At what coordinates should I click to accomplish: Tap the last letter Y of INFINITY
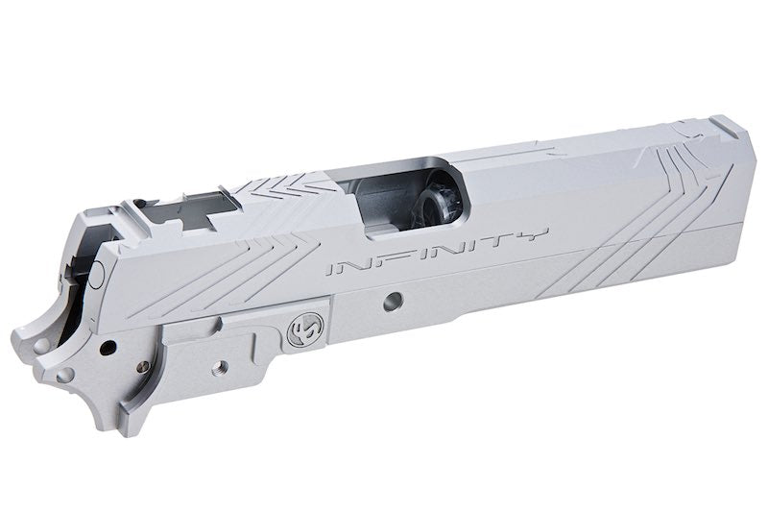tap(536, 236)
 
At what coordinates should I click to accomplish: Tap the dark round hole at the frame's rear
tap(112, 343)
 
